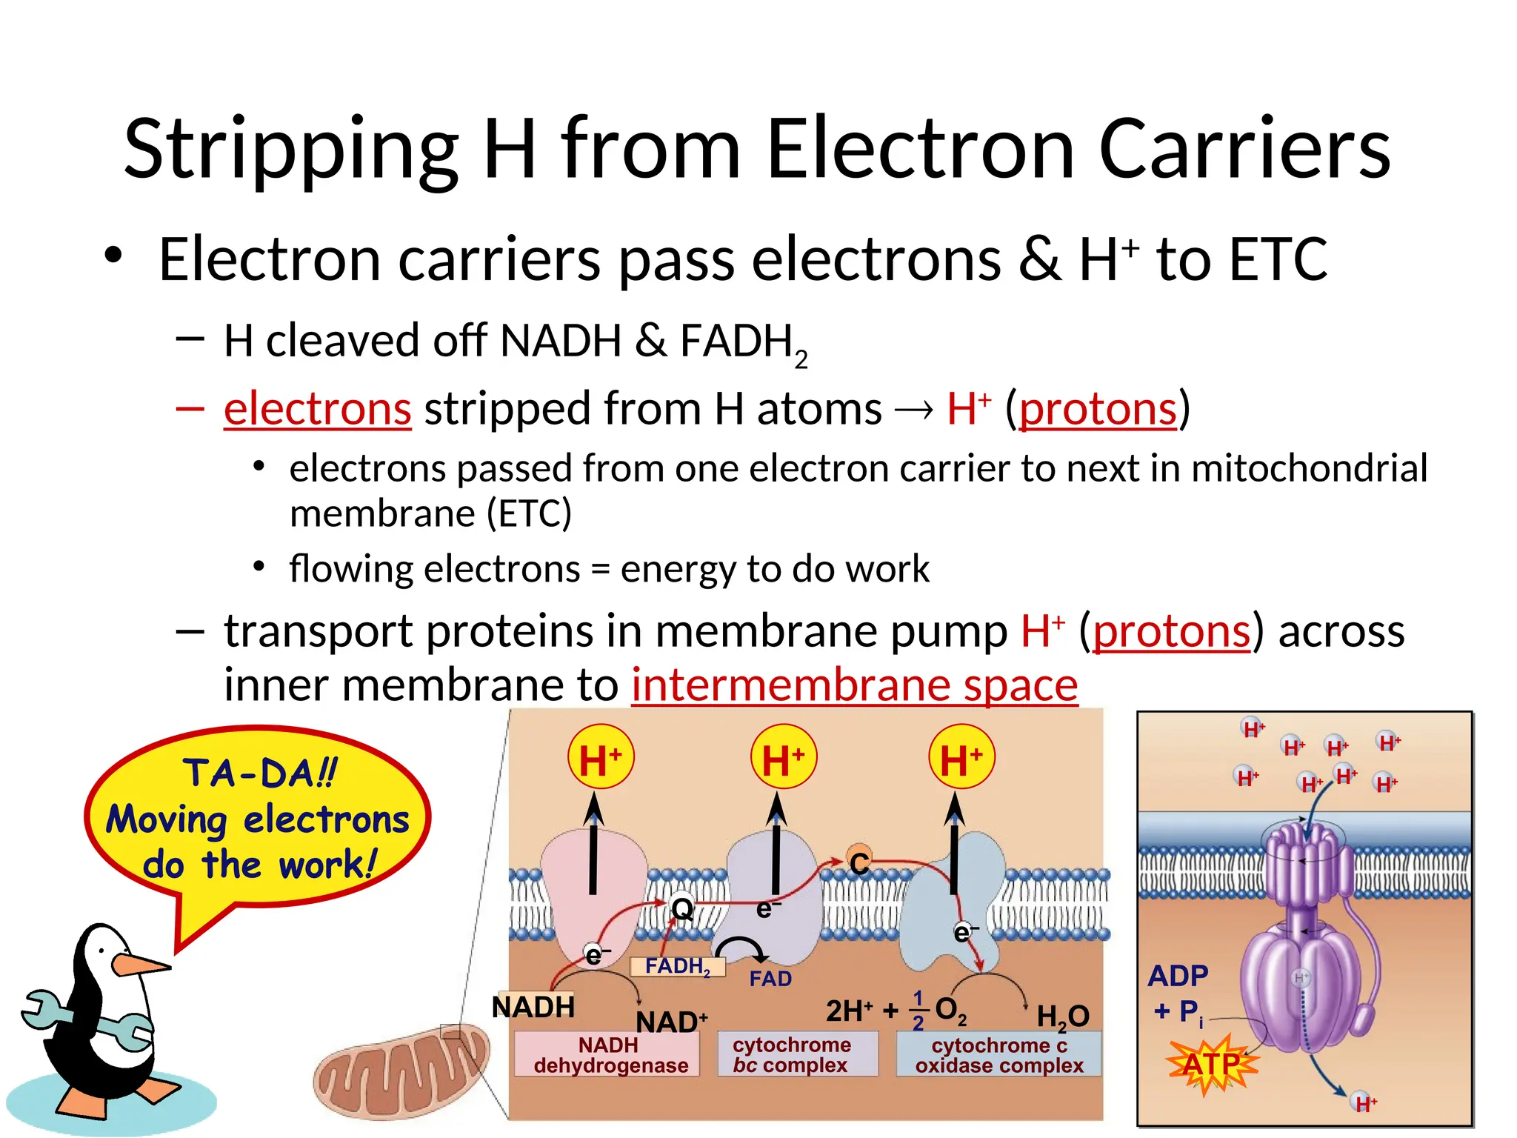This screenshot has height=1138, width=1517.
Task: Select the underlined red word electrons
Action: tap(317, 408)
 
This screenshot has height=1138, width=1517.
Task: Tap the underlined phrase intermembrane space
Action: tap(854, 685)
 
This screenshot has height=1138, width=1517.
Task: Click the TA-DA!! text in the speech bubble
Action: tap(260, 773)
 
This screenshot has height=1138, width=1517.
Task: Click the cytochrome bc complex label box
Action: tap(793, 1055)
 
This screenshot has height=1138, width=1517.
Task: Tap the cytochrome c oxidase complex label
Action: tap(999, 1055)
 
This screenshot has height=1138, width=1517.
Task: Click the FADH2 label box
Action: tap(677, 966)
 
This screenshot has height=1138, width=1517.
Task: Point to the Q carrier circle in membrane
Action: tap(681, 908)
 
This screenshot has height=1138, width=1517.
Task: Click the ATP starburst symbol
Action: tap(1211, 1064)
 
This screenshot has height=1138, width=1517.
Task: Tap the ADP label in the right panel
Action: tap(1178, 976)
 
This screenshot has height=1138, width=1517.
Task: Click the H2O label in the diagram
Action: tap(1062, 1016)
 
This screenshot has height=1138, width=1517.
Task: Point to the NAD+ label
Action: tap(671, 1022)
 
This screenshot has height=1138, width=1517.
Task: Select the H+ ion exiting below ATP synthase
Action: tap(1364, 1103)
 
